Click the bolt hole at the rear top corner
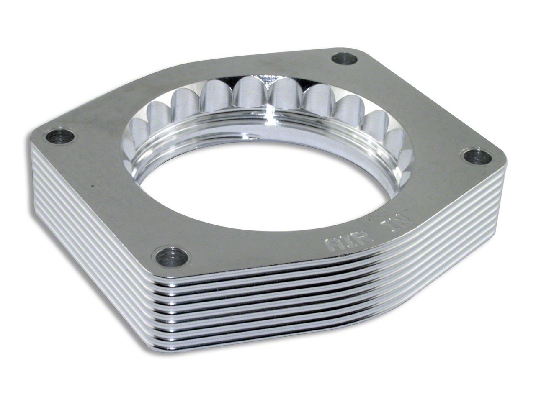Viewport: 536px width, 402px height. [x=345, y=59]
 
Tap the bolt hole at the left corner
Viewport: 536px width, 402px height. [x=60, y=137]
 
